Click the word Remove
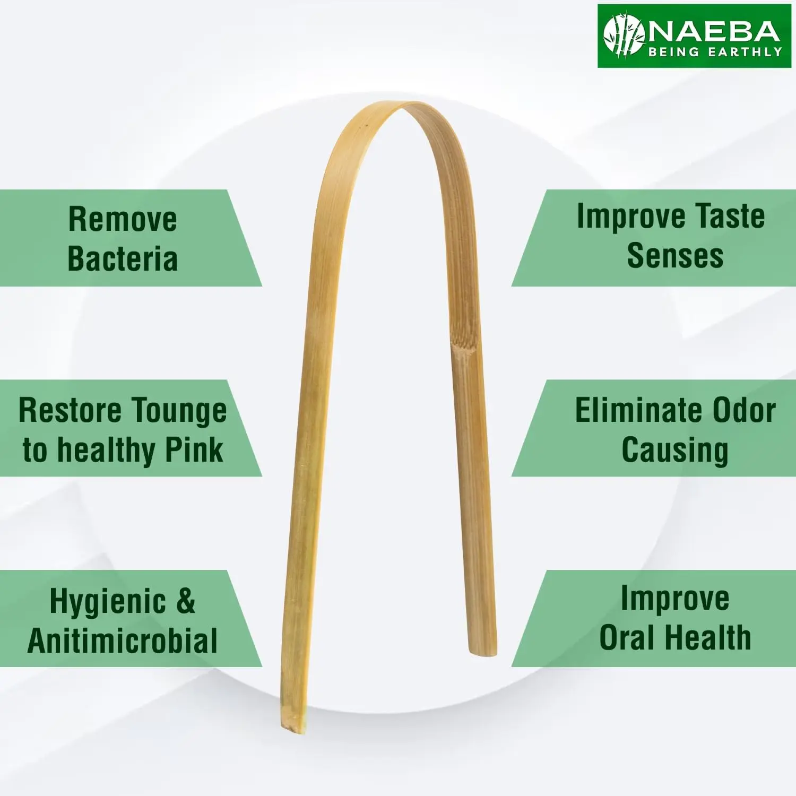[x=123, y=219]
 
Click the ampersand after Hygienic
[x=185, y=601]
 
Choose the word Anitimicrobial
[x=123, y=640]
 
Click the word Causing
[x=675, y=451]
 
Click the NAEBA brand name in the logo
[x=714, y=32]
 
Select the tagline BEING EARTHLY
[x=715, y=52]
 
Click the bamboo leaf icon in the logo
[x=624, y=36]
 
